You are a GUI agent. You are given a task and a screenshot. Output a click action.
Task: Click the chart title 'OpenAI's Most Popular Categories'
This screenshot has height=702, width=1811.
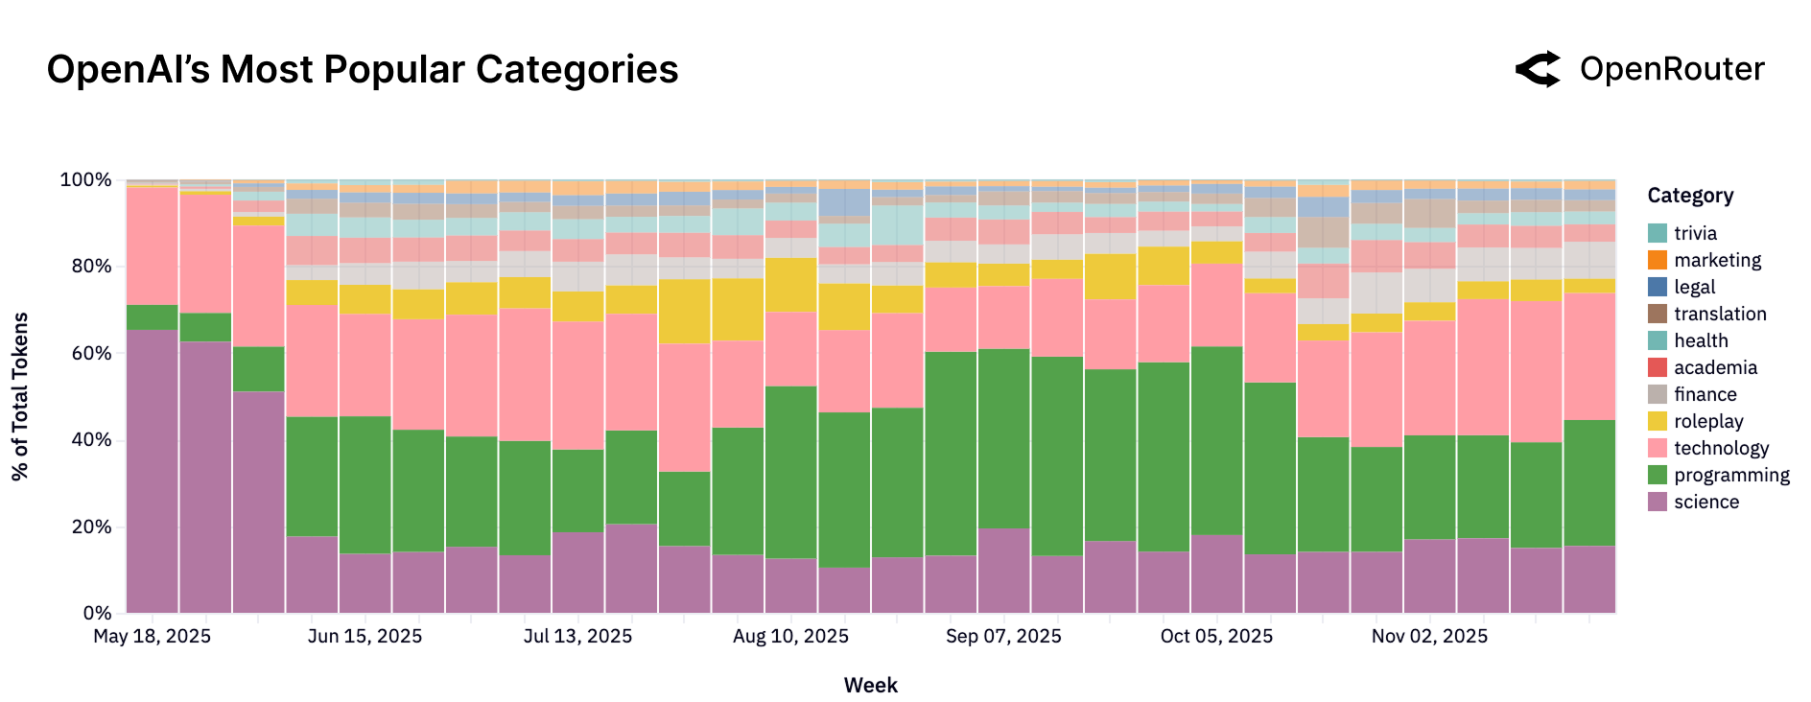pos(363,70)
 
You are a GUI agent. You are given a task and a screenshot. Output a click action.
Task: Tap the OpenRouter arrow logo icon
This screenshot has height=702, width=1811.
pos(1539,70)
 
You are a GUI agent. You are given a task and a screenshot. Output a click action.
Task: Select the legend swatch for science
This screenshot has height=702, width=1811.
pos(1658,502)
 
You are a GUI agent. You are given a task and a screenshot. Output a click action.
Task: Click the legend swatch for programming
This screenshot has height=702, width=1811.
pos(1658,475)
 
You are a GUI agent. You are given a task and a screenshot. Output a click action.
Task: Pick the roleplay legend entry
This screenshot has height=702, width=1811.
pos(1708,421)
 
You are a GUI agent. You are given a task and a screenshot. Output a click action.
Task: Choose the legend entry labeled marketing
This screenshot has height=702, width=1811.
pos(1717,260)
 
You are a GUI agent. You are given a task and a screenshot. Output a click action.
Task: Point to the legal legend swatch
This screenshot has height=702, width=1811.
pos(1658,287)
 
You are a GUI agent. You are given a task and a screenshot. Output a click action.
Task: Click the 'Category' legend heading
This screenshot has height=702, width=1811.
pos(1690,196)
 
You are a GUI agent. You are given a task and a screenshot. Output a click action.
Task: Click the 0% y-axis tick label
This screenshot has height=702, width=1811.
pos(97,613)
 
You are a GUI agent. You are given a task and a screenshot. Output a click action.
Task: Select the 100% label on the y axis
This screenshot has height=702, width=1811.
pos(86,180)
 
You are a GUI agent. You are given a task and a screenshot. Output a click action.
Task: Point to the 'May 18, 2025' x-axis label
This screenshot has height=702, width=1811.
pos(153,637)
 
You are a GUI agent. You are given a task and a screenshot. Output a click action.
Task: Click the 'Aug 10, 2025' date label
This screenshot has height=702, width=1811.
pos(790,637)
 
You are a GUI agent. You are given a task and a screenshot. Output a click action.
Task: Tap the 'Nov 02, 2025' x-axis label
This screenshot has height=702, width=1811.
pos(1429,637)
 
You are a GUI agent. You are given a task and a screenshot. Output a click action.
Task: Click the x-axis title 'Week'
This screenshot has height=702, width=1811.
pos(870,685)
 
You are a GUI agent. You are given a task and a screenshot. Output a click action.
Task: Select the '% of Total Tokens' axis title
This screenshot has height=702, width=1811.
pos(21,396)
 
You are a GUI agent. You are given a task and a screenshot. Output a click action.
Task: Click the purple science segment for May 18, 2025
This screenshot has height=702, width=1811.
pos(153,470)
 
